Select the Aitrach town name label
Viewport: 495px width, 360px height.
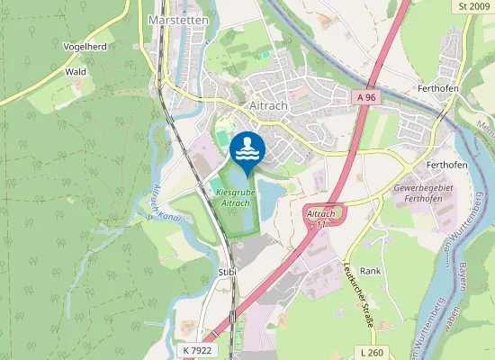(x=266, y=105)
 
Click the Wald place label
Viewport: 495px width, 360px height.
(x=75, y=70)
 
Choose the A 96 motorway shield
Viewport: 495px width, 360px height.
(x=364, y=95)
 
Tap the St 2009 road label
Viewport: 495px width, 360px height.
(x=473, y=6)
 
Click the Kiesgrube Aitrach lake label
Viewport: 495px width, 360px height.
(x=233, y=198)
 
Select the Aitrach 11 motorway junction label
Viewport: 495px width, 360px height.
(x=321, y=217)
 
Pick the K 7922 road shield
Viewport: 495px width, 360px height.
(x=196, y=349)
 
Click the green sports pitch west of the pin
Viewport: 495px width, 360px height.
(x=220, y=137)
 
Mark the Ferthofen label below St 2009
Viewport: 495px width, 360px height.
(x=439, y=90)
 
